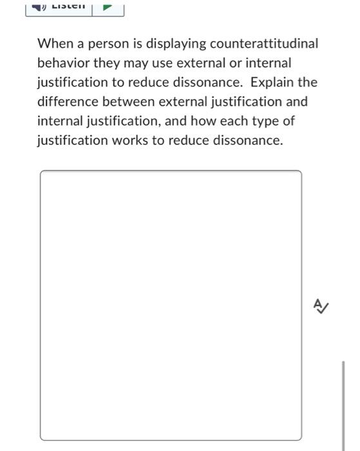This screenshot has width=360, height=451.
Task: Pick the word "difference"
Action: point(68,102)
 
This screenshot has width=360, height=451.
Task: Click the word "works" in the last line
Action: point(131,141)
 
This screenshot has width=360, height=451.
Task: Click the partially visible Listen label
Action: point(68,6)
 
